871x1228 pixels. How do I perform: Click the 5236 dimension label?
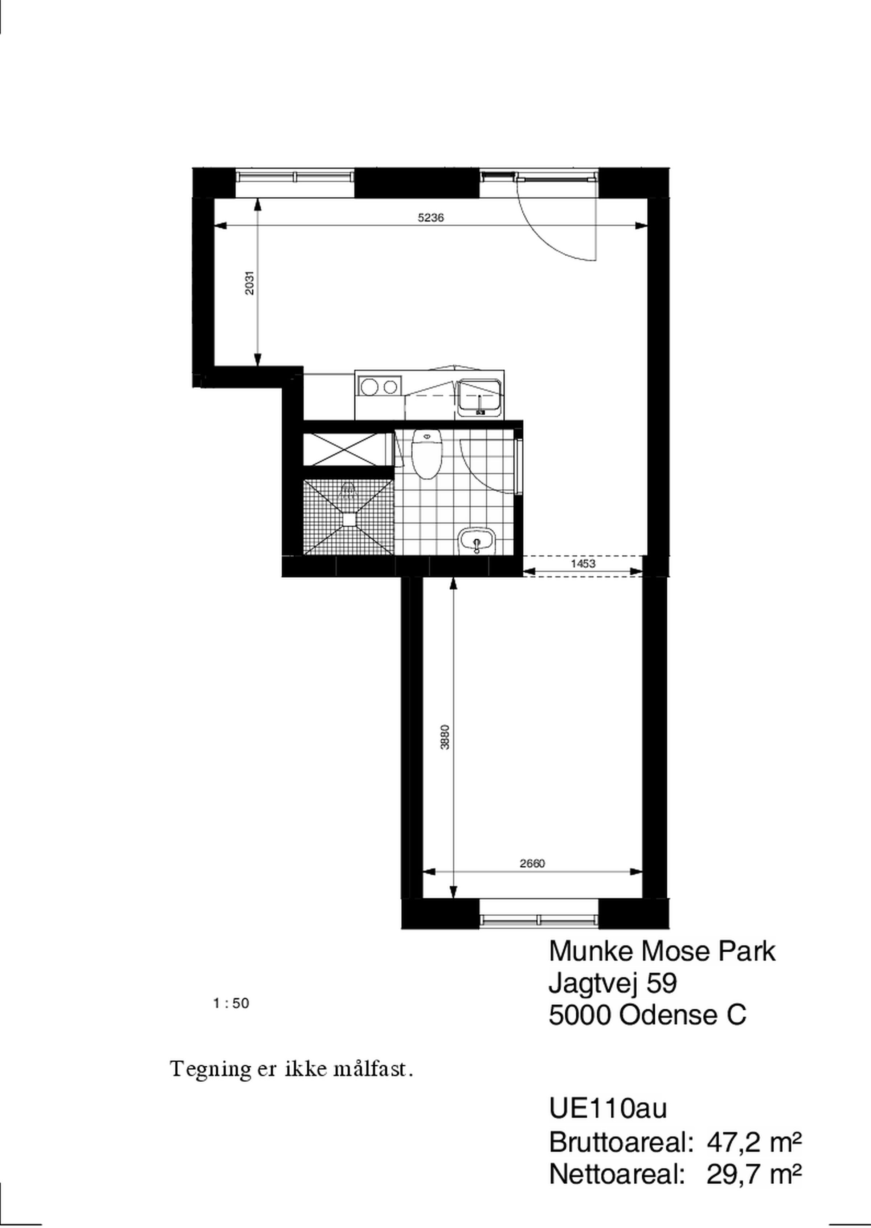tap(431, 218)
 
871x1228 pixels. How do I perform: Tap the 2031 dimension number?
tap(249, 283)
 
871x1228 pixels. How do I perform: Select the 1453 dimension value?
tap(583, 564)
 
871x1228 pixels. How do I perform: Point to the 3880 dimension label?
tap(445, 737)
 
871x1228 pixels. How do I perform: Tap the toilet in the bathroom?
tap(426, 454)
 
